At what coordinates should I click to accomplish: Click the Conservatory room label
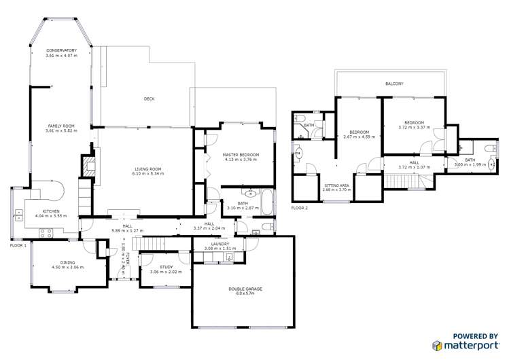(60, 50)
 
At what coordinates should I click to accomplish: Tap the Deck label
(149, 99)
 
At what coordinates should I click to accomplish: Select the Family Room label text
(60, 126)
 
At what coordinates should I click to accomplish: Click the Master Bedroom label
(241, 155)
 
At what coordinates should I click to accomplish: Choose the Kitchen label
(52, 211)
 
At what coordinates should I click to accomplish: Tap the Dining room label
(67, 262)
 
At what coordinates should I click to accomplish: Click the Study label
(166, 267)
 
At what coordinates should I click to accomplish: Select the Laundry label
(220, 243)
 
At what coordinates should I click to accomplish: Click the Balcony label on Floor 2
(394, 84)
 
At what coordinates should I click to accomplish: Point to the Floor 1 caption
(18, 245)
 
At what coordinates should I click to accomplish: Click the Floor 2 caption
(299, 208)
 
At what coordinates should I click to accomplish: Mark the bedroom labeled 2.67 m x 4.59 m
(359, 134)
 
